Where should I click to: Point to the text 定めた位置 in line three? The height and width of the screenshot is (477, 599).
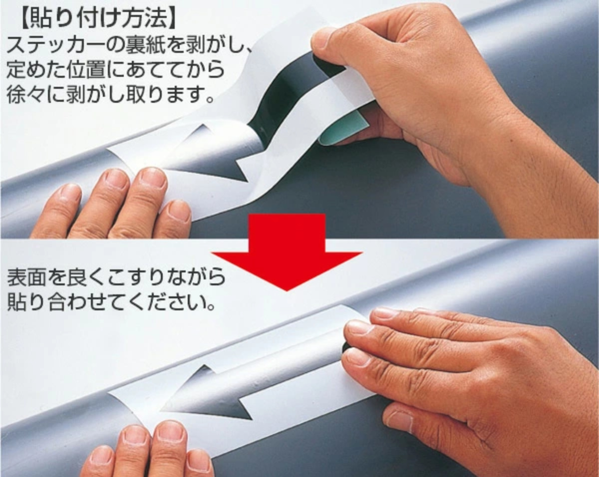click(56, 69)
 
